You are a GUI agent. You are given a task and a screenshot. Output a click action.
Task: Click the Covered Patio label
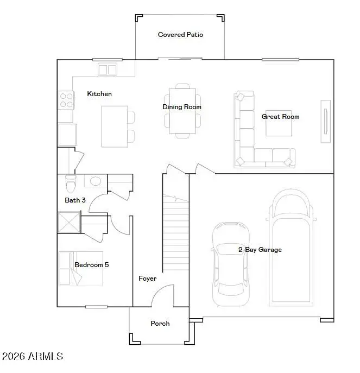tap(180, 35)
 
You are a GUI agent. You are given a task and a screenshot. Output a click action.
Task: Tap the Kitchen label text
tap(99, 94)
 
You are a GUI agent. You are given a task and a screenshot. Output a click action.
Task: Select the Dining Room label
tap(182, 107)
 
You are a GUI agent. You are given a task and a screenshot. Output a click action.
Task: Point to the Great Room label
tap(280, 117)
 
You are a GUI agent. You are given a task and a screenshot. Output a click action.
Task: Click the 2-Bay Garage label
tap(260, 250)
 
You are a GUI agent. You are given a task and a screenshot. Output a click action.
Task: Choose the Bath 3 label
tap(75, 200)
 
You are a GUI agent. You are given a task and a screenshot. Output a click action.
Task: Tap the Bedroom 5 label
tap(91, 265)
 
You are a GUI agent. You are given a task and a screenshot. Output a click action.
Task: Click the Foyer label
tap(147, 279)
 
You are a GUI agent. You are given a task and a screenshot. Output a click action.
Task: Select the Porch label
tap(160, 324)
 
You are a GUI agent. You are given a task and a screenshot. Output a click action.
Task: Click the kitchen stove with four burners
tap(66, 100)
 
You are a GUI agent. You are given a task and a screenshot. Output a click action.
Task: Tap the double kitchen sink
tap(108, 69)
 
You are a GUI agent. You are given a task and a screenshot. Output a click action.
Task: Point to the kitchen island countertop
tap(115, 126)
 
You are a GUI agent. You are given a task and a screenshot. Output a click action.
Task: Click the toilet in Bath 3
tap(70, 184)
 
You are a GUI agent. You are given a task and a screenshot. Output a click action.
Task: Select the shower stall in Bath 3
tap(68, 222)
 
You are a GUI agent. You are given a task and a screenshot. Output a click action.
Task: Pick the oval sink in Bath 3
tap(96, 181)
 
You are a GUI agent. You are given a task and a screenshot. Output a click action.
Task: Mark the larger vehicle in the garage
tap(292, 247)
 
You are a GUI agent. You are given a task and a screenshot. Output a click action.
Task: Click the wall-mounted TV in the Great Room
tap(326, 121)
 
